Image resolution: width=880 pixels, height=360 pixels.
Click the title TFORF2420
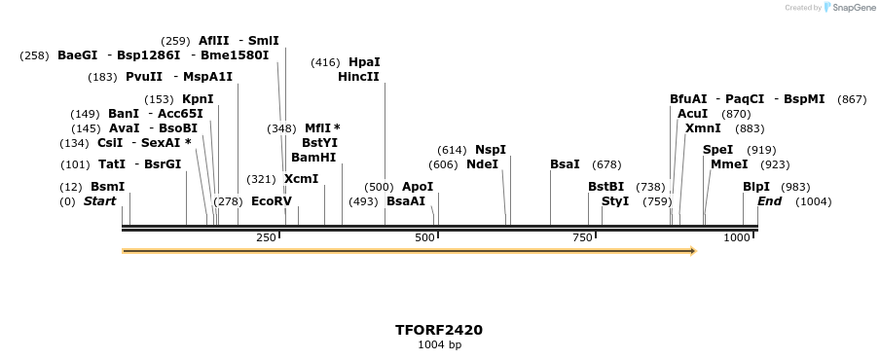(438, 330)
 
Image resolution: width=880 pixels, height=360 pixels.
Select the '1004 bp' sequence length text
(438, 344)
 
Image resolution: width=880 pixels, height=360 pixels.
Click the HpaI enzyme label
(364, 62)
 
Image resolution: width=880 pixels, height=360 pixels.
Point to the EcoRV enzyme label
(272, 201)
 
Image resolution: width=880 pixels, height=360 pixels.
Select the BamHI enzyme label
(313, 157)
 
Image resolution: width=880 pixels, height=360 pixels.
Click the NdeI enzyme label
(482, 164)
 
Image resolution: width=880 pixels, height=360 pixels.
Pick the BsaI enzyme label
(565, 164)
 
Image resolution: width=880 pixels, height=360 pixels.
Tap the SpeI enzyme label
(717, 150)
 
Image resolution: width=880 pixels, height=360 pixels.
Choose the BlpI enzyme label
(756, 187)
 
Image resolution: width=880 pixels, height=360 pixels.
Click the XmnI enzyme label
(703, 128)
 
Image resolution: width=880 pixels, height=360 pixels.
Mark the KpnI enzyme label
(198, 99)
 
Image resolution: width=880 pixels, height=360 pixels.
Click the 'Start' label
(99, 201)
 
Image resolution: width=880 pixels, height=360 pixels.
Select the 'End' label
(769, 201)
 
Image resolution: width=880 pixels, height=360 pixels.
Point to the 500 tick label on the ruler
(424, 237)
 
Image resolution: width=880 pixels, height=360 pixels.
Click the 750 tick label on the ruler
(582, 237)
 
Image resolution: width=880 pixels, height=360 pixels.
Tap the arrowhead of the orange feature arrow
(692, 251)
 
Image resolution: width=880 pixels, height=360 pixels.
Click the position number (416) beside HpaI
(325, 62)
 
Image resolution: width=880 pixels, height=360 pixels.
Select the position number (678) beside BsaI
(606, 164)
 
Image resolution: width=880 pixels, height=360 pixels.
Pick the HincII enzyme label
(358, 77)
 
